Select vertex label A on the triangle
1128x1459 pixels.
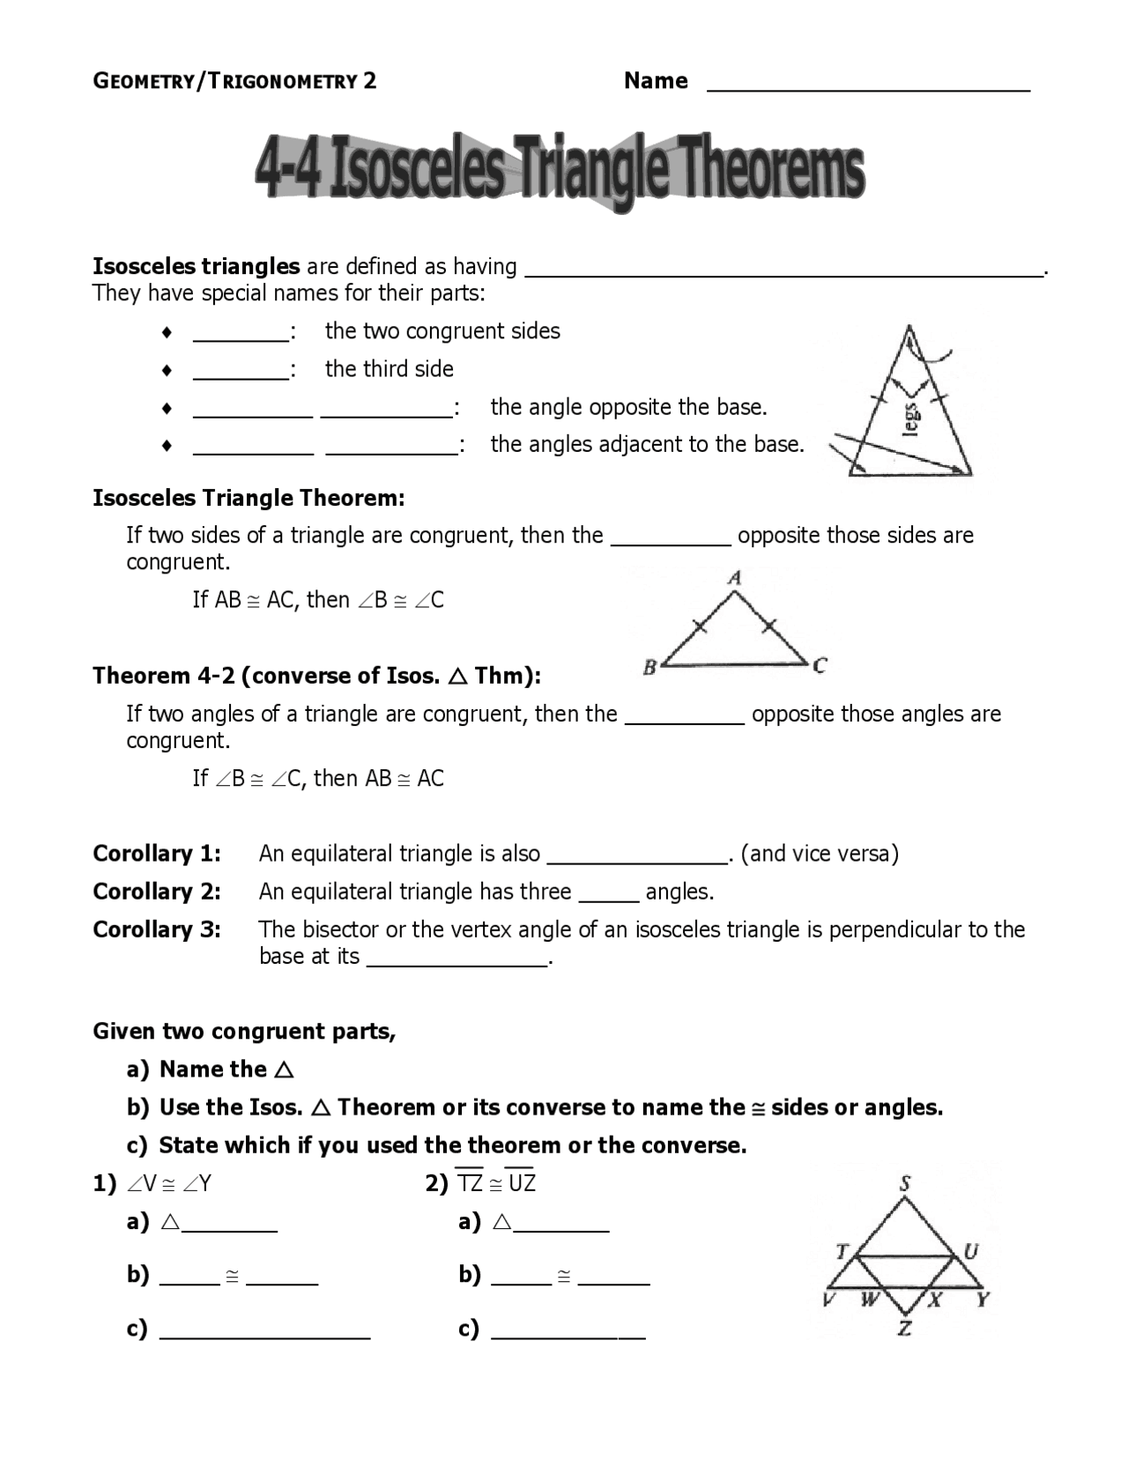[735, 578]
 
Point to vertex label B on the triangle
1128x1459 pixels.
[649, 667]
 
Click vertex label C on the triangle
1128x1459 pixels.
[820, 665]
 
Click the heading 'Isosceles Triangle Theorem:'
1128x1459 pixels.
[249, 499]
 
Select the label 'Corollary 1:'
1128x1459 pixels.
[157, 854]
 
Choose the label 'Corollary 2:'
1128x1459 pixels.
[157, 892]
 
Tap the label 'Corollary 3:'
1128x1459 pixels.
[157, 929]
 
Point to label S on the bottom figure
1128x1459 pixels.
[905, 1183]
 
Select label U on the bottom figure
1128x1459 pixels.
[970, 1251]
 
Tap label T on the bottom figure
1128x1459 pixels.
[842, 1251]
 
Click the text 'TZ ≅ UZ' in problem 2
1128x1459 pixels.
[496, 1183]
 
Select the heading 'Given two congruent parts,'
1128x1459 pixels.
[244, 1032]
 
